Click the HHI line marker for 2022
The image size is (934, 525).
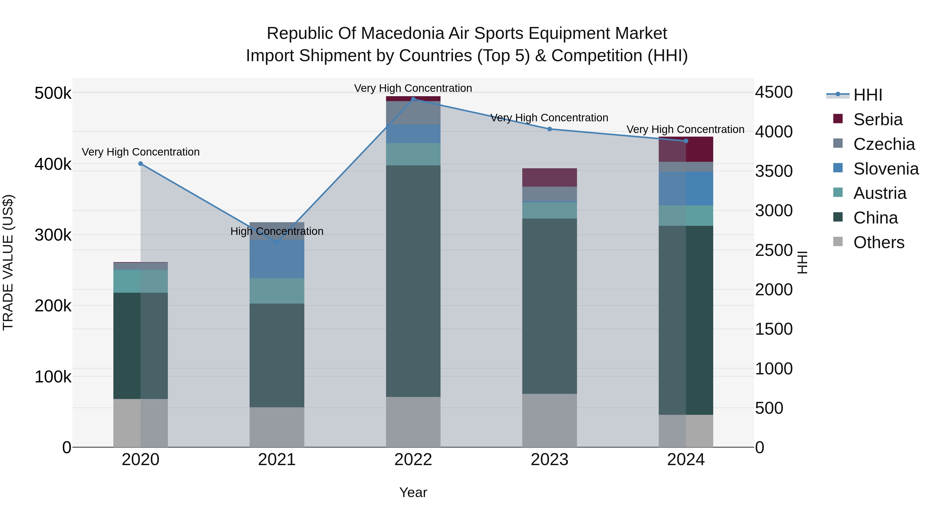click(413, 99)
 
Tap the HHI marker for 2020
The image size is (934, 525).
click(141, 164)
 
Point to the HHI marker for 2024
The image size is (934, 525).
click(686, 141)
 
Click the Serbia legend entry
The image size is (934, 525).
click(877, 120)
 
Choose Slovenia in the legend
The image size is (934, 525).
click(885, 169)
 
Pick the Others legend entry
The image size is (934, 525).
click(878, 242)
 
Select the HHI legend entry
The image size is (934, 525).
click(867, 95)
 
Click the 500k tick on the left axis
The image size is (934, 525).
click(53, 94)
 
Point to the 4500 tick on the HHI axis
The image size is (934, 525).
click(774, 92)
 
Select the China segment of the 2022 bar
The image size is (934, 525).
click(413, 281)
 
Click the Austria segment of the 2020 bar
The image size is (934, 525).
click(141, 281)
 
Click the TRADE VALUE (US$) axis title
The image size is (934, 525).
click(8, 262)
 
